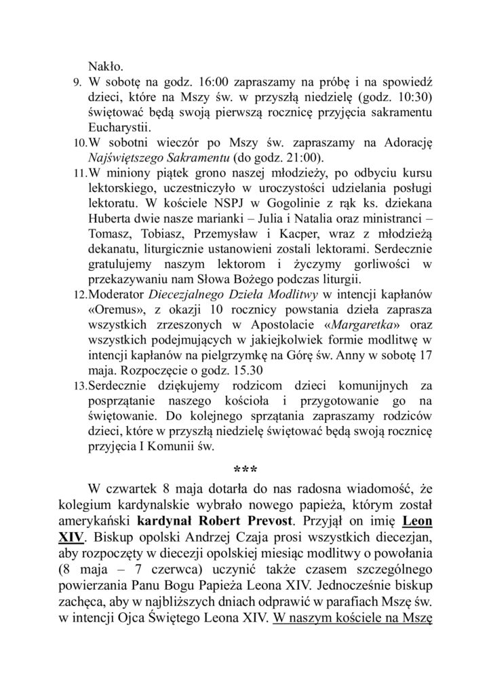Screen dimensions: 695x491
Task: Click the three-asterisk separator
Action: pyautogui.click(x=245, y=470)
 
